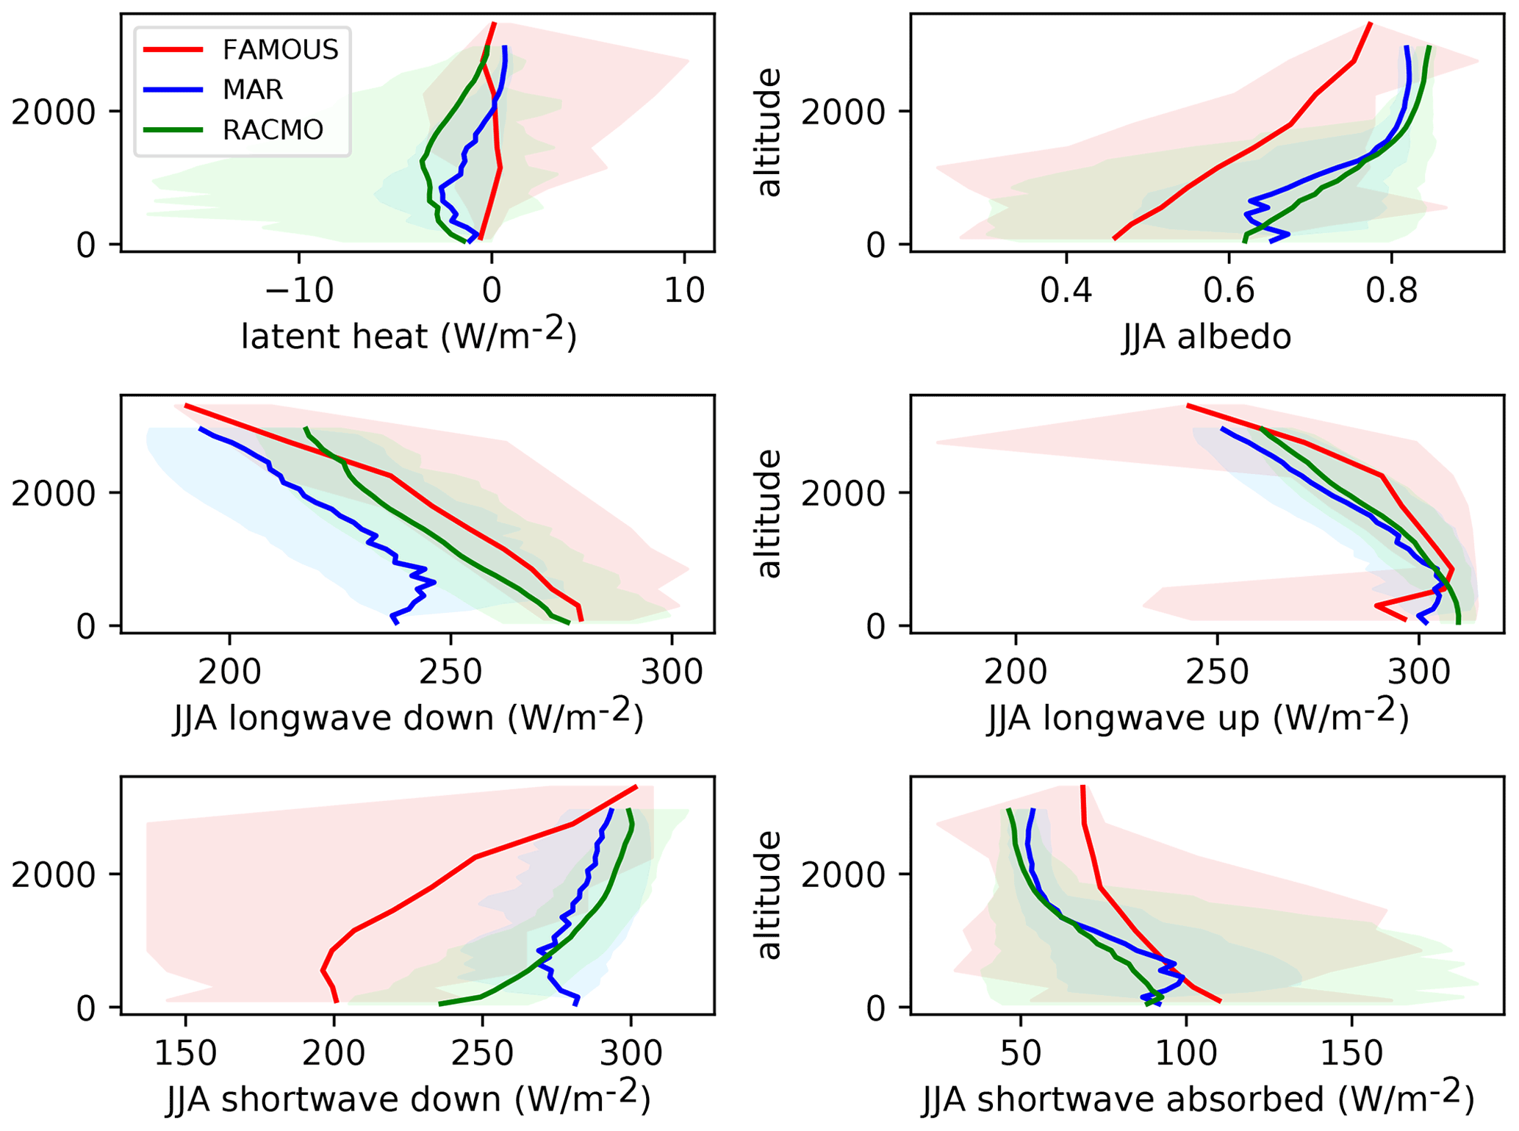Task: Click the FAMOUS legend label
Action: point(280,50)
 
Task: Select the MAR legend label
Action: point(252,90)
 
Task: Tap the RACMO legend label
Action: point(273,130)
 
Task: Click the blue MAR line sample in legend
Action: point(173,90)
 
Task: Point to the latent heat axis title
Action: point(409,335)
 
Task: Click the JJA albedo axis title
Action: point(1206,337)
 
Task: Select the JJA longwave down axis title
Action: point(409,717)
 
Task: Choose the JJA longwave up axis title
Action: point(1198,717)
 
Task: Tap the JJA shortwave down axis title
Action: point(409,1098)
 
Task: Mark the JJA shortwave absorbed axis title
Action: point(1198,1098)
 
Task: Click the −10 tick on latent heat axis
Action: point(299,290)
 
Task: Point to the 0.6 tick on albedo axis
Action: point(1229,290)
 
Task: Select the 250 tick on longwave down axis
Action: point(450,672)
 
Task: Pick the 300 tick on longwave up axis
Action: point(1420,672)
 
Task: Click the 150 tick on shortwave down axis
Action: point(185,1053)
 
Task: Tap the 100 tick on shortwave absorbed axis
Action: point(1185,1053)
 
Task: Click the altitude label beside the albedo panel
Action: point(769,132)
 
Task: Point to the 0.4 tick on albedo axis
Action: point(1066,290)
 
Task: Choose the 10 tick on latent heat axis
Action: point(684,290)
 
